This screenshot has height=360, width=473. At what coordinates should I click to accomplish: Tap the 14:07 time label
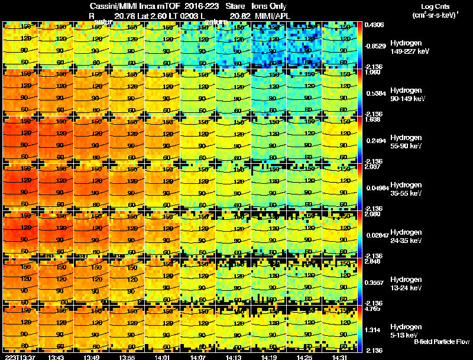coord(197,357)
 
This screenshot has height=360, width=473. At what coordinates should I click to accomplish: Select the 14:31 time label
coord(339,357)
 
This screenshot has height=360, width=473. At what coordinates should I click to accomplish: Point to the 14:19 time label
coord(268,357)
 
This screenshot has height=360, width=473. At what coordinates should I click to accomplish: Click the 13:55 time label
coord(127,357)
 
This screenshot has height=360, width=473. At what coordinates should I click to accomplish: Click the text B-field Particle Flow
coord(442,342)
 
